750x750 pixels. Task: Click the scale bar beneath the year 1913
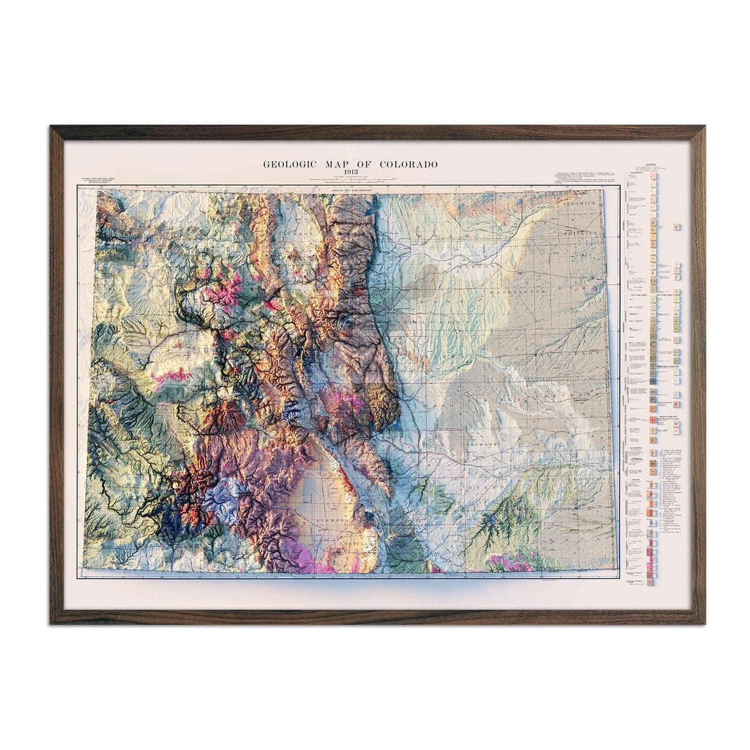pyautogui.click(x=349, y=180)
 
